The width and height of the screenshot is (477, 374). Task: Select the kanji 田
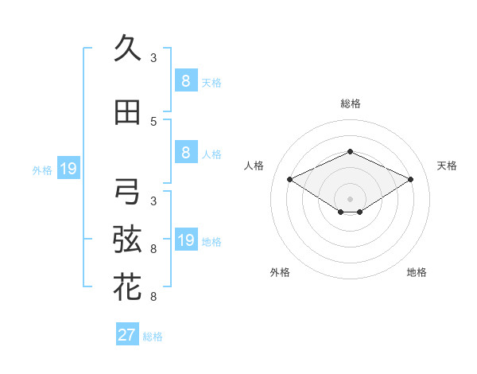(x=127, y=113)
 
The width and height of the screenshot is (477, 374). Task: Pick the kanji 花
(x=127, y=287)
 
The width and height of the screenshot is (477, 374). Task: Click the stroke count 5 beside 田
(x=153, y=122)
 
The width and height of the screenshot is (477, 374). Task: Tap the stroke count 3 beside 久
(x=153, y=58)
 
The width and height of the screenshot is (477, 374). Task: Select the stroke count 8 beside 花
(x=153, y=297)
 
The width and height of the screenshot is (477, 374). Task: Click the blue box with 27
(x=126, y=335)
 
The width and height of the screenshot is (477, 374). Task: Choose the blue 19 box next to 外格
(x=68, y=169)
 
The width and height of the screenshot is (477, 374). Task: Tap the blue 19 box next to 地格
(x=185, y=240)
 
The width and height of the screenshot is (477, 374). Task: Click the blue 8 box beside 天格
(x=185, y=81)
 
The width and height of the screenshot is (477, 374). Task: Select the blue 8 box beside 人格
(x=185, y=153)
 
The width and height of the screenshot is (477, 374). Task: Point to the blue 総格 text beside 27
(x=153, y=337)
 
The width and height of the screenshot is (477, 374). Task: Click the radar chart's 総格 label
(x=350, y=103)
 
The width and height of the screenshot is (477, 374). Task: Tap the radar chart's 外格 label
(x=280, y=272)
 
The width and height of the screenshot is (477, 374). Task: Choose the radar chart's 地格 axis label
(x=417, y=272)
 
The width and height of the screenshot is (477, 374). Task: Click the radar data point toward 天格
(x=410, y=180)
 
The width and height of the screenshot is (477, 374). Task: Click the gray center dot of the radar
(x=350, y=198)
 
